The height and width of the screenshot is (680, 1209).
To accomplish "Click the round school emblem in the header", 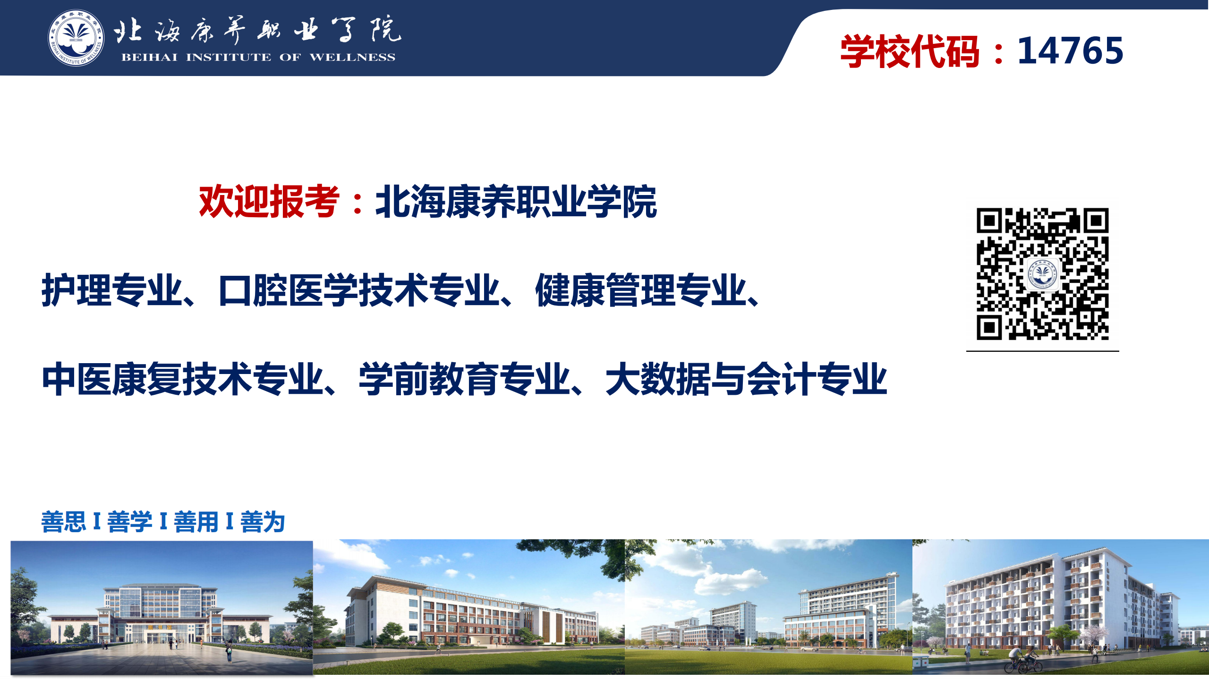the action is pyautogui.click(x=76, y=38).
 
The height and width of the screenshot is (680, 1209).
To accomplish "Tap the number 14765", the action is pyautogui.click(x=1070, y=51).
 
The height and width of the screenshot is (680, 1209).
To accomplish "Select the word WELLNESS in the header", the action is pyautogui.click(x=352, y=58).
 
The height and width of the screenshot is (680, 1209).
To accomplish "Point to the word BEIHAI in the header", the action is pyautogui.click(x=149, y=58).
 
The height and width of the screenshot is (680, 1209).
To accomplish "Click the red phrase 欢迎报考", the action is pyautogui.click(x=269, y=202).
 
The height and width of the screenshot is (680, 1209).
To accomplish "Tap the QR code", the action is pyautogui.click(x=1043, y=274).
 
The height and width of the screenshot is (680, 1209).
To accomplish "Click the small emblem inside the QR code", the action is pyautogui.click(x=1043, y=274).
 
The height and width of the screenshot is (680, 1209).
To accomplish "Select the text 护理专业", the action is pyautogui.click(x=112, y=290).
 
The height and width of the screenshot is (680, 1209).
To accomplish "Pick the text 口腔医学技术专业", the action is pyautogui.click(x=359, y=290).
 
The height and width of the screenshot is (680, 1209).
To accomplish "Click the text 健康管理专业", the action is pyautogui.click(x=640, y=290).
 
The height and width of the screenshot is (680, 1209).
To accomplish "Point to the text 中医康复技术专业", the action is pyautogui.click(x=183, y=379).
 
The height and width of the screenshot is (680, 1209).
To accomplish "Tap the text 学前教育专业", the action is pyautogui.click(x=464, y=379).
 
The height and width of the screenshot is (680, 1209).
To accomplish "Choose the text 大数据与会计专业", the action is pyautogui.click(x=746, y=379).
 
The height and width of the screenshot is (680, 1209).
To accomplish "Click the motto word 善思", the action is pyautogui.click(x=64, y=522).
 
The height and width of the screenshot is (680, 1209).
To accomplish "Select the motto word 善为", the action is pyautogui.click(x=263, y=522).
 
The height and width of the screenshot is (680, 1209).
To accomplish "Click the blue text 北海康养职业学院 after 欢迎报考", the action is pyautogui.click(x=516, y=202).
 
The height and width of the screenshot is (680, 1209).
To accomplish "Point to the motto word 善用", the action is pyautogui.click(x=196, y=522).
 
